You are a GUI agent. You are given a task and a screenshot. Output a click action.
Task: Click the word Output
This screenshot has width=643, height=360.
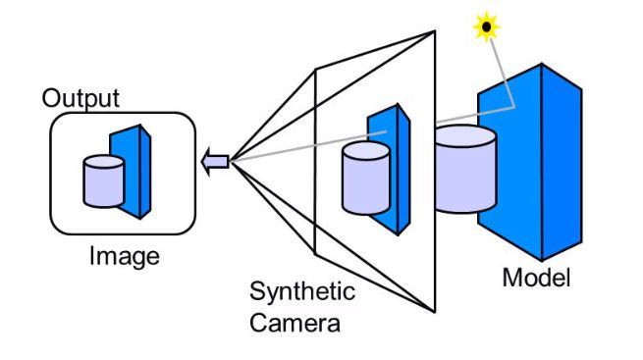point(80,98)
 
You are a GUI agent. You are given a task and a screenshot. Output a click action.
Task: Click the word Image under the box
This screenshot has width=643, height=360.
point(124,257)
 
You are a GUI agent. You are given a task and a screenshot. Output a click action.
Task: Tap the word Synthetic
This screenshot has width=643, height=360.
point(302,291)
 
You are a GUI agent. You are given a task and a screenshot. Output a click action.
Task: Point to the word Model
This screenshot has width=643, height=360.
point(536,278)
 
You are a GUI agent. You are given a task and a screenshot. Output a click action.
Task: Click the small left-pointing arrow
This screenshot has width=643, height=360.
point(215,161)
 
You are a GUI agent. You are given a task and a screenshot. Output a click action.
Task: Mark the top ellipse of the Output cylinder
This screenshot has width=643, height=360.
point(103,162)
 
